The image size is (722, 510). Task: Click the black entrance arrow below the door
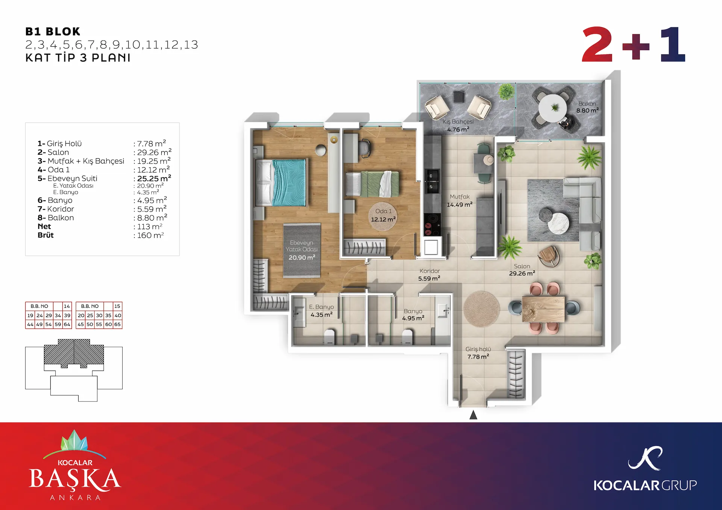473,415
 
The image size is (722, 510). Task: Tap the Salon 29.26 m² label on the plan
522,270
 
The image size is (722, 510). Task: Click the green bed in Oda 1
372,184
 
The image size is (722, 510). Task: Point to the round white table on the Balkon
553,108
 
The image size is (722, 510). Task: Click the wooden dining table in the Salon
543,309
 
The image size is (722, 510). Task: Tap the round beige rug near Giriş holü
481,309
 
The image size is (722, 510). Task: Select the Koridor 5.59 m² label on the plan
429,275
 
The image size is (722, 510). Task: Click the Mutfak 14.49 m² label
460,201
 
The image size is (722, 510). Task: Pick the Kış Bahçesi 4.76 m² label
458,126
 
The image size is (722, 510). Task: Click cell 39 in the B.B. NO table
67,315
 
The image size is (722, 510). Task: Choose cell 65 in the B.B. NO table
117,324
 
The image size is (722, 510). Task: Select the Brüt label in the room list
46,235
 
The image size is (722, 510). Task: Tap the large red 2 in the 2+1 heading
597,44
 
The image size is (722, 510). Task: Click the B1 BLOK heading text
53,32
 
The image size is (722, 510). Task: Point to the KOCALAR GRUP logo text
645,486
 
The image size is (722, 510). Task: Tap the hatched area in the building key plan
74,353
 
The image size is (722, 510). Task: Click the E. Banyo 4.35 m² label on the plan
321,311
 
